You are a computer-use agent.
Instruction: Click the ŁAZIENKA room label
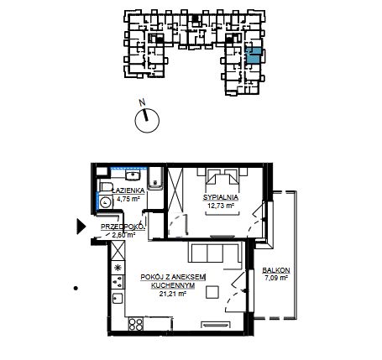coord(128,190)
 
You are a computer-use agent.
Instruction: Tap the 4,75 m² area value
coord(128,199)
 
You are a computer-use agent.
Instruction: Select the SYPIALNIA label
coord(221,197)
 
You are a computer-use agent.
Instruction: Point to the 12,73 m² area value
coord(221,206)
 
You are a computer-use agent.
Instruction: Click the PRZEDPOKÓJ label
coord(123,227)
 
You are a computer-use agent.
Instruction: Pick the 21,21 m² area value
coord(173,294)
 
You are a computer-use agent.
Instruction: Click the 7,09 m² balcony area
coord(276,279)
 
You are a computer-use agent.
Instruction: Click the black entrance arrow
coord(81,227)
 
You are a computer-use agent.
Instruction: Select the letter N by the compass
coord(143,102)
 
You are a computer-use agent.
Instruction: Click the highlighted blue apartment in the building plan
coord(254,55)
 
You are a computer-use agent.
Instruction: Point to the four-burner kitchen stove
coord(136,324)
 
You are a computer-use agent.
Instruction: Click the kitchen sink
coord(118,298)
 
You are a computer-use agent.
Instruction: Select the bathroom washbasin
coord(133,175)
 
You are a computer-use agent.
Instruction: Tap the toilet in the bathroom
coord(106,186)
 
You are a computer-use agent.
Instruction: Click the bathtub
coord(154,178)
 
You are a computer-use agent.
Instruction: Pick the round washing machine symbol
coord(106,201)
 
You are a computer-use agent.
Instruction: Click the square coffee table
coord(212,292)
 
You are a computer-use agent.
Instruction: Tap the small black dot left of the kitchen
coord(76,288)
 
